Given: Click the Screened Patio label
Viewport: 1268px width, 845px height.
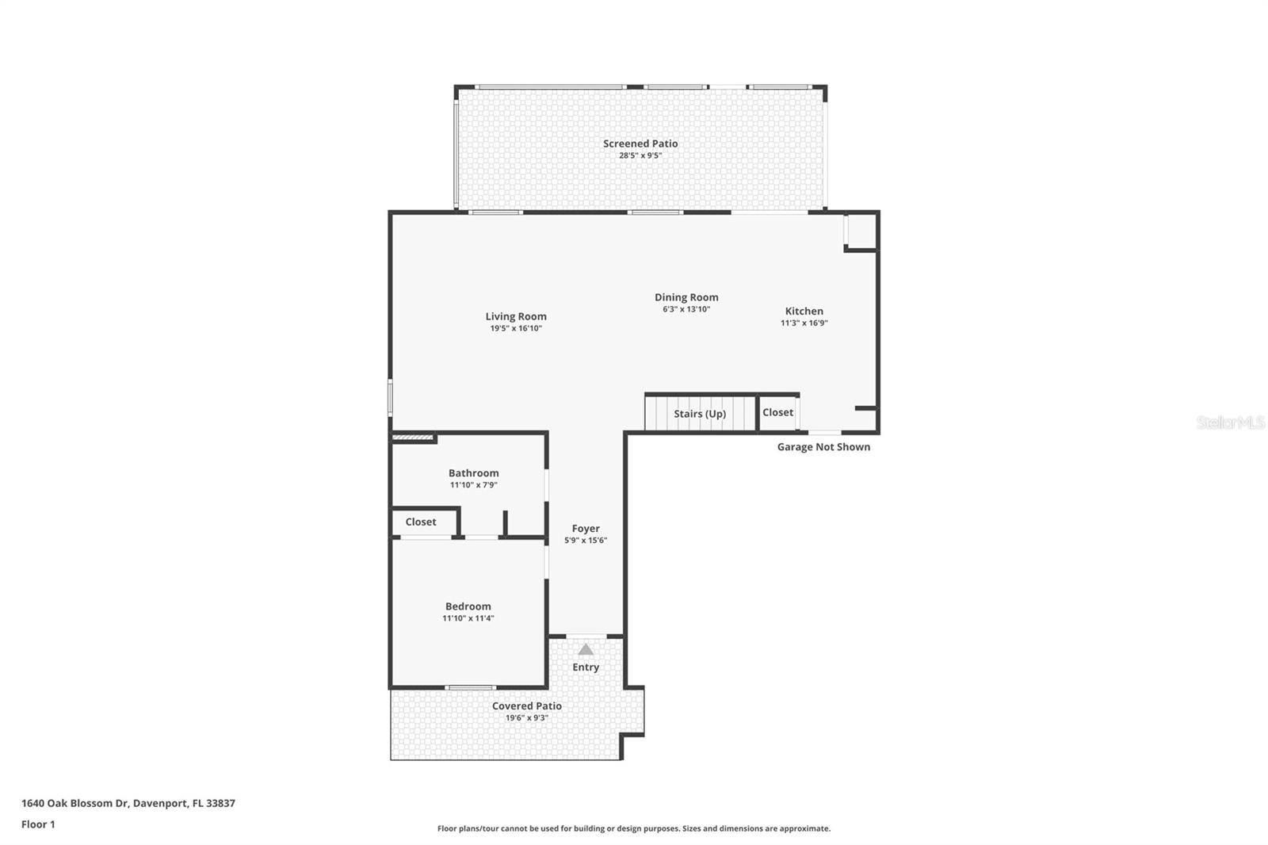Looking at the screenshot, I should pos(640,143).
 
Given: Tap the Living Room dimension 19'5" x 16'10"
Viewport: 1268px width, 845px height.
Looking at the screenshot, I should pos(516,328).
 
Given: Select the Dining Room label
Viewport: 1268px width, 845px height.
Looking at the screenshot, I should pos(686,297).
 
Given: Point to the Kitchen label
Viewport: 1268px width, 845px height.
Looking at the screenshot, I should pos(804,311).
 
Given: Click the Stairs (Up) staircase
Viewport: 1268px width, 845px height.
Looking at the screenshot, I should pos(699,414).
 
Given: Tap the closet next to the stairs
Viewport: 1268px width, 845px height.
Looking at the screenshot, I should pos(777,413).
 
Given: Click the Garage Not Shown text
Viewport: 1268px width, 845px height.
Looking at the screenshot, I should pos(823,447).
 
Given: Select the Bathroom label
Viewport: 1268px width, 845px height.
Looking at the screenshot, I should pos(473,473).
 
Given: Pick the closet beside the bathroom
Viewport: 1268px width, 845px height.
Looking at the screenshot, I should pos(421,522).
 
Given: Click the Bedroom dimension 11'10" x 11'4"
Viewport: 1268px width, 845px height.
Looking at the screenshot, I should pos(468,618).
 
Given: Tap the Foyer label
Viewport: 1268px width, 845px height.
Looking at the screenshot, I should pos(586,529).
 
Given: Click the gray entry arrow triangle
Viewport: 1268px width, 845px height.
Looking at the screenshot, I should pos(586,649).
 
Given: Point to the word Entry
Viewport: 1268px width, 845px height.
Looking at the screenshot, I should pos(586,667).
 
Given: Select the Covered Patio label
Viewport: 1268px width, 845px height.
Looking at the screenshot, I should pos(526,706).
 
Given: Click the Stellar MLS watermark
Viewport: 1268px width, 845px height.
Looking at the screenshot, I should pos(1230,422).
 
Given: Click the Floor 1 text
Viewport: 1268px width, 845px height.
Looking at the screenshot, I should pos(38,824).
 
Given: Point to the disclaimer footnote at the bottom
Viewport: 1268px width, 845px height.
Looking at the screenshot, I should pos(634,828).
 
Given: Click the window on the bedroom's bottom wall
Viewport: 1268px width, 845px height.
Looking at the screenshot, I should pos(470,687).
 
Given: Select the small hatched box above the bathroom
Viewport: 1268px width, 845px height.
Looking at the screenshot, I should pos(414,437).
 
